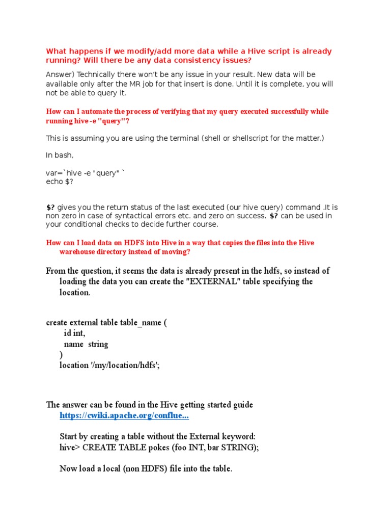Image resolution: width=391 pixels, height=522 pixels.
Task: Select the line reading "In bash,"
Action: coord(60,155)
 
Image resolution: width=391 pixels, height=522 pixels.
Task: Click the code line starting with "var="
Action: coord(85,173)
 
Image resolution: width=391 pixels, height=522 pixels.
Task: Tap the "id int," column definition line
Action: coord(74,333)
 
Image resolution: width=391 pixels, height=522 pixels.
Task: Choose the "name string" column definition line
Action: coord(86,344)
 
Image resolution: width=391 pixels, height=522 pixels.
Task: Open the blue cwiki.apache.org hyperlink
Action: coord(124,415)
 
